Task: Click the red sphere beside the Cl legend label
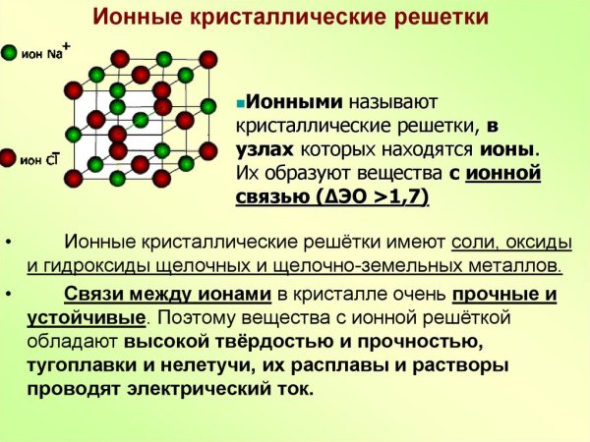pyautogui.click(x=8, y=157)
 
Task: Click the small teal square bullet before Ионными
pyautogui.click(x=239, y=102)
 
